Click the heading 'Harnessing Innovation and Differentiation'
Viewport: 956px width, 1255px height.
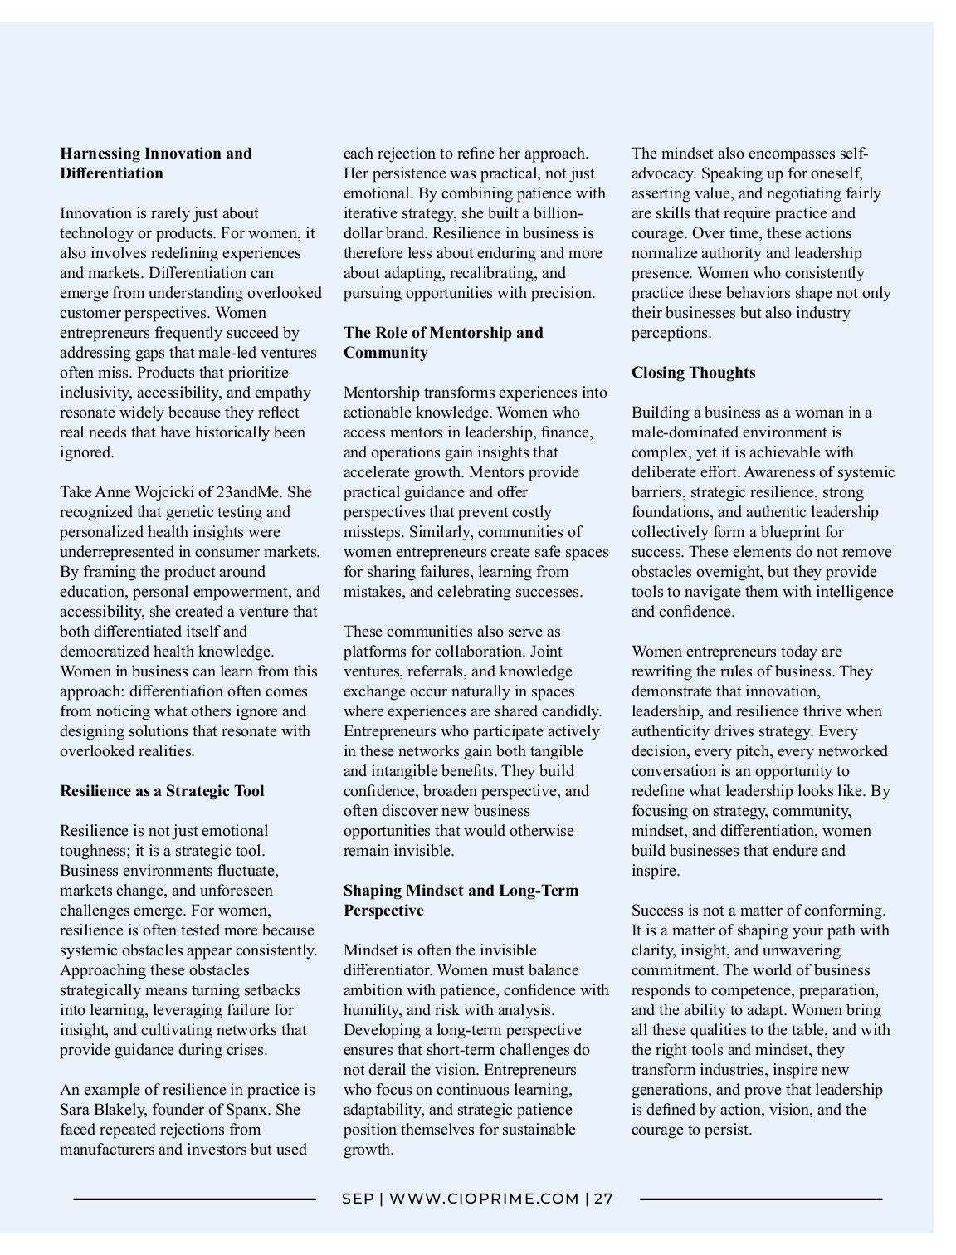coord(156,164)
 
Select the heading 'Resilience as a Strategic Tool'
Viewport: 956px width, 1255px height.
coord(162,791)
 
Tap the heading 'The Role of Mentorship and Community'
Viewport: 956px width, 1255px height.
coord(443,343)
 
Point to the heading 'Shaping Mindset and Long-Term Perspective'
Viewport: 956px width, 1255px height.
coord(461,901)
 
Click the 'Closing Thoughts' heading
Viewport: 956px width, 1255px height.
coord(693,373)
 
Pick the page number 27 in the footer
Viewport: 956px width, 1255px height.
coord(603,1199)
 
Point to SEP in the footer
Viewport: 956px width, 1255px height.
coord(358,1199)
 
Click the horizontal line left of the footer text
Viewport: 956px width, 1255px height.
coord(194,1199)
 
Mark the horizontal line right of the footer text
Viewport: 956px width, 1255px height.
coord(761,1199)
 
